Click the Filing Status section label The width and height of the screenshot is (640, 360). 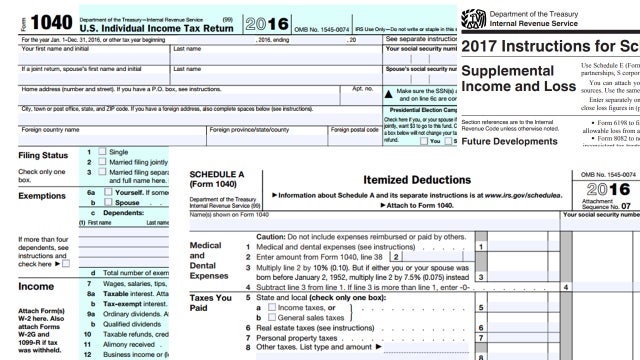coord(39,182)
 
